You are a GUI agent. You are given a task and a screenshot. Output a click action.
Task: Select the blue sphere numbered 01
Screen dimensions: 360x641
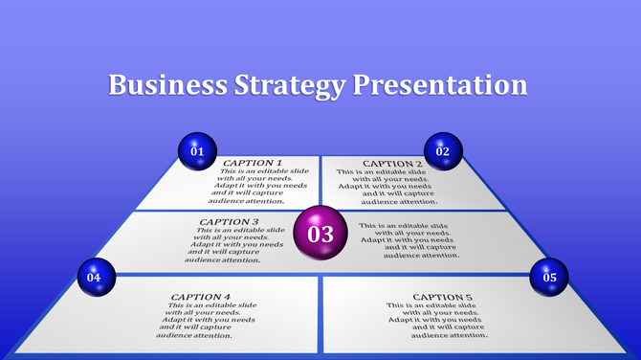pos(198,151)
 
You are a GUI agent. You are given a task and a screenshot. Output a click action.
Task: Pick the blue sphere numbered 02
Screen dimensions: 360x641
pos(443,151)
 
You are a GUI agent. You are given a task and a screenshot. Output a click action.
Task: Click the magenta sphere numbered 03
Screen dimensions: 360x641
pos(320,234)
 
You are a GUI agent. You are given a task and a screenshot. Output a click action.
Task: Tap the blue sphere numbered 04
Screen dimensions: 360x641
pos(94,277)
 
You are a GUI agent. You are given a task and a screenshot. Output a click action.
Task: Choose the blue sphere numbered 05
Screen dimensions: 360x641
pos(549,278)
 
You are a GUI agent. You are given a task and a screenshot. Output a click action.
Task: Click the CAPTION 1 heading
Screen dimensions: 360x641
pos(254,163)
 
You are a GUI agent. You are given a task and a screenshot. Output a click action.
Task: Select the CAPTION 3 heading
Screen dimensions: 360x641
pos(230,222)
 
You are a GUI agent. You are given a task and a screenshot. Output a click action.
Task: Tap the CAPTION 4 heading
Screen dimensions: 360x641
pos(201,297)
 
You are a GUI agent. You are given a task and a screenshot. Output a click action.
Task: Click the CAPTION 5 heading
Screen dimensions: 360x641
pos(442,297)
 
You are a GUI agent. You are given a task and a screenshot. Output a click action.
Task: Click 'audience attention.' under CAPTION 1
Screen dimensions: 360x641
pos(247,201)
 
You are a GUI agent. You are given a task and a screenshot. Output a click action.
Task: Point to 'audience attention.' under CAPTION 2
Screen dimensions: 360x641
pos(399,202)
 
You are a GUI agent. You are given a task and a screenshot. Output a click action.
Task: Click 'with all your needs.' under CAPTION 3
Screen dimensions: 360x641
pos(238,237)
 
